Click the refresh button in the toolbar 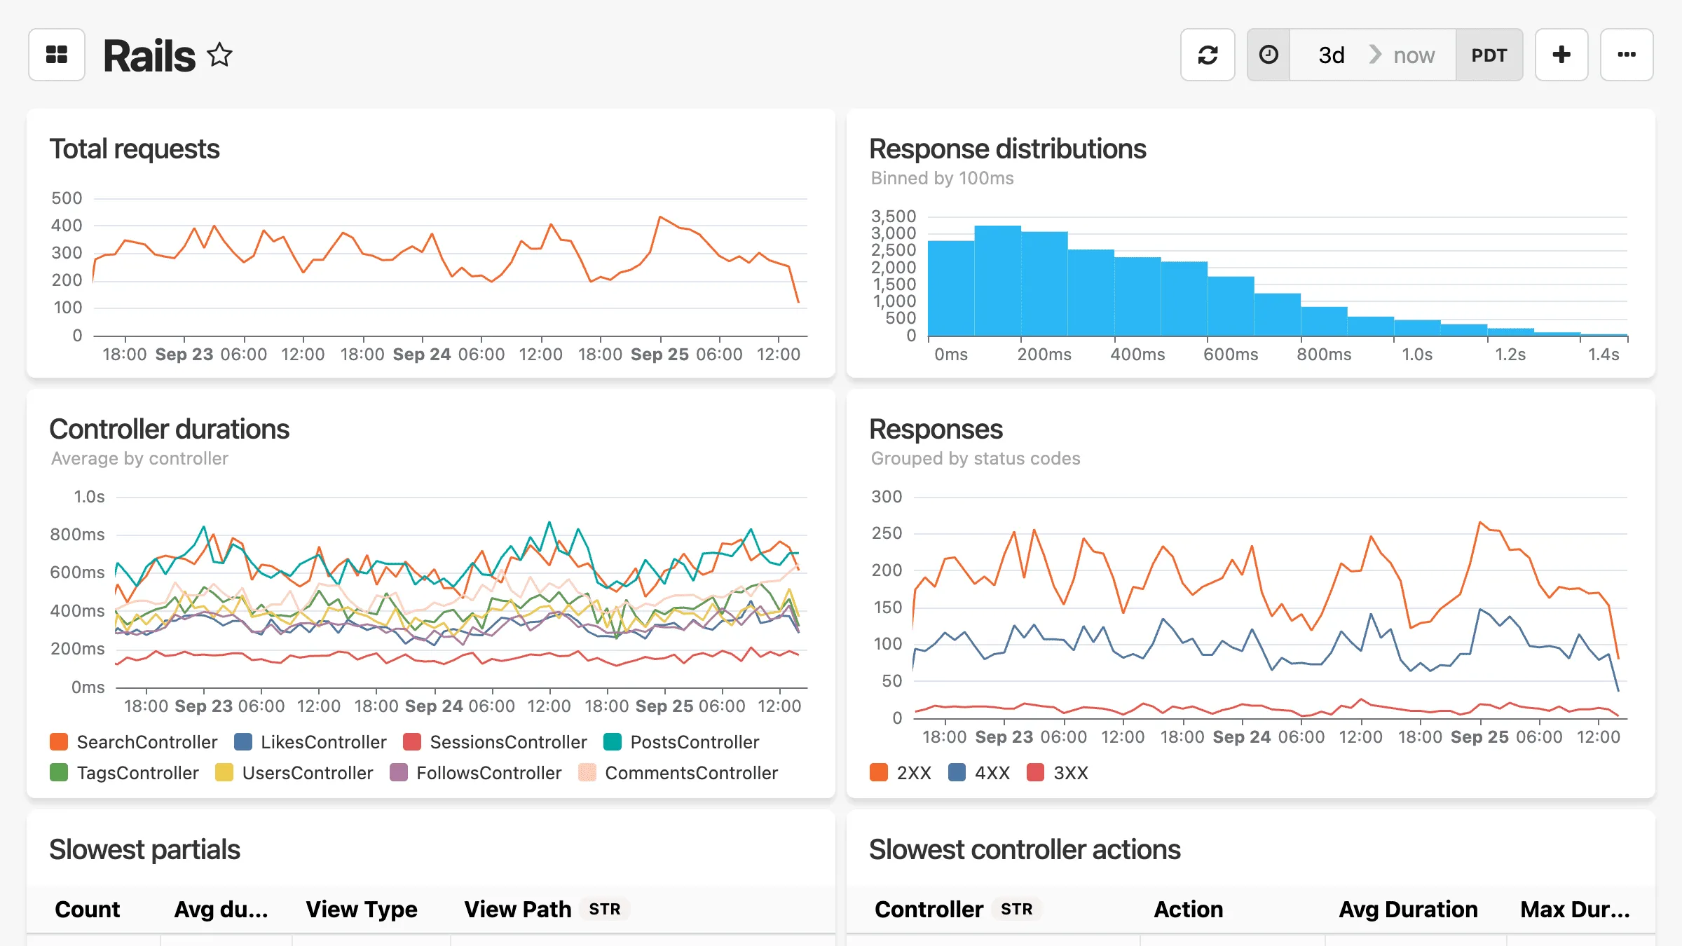pos(1207,55)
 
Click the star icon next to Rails pos(219,55)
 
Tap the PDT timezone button pos(1489,55)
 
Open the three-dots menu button pos(1626,55)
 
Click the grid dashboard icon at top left pos(57,55)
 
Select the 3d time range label pos(1331,55)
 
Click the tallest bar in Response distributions pos(997,280)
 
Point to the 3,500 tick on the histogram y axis pos(893,216)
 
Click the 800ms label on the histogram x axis pos(1323,355)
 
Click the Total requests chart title pos(135,149)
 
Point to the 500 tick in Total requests pos(67,198)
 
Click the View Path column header pos(517,909)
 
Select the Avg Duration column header pos(1407,909)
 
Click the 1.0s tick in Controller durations pos(89,497)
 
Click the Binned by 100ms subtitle pos(942,178)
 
